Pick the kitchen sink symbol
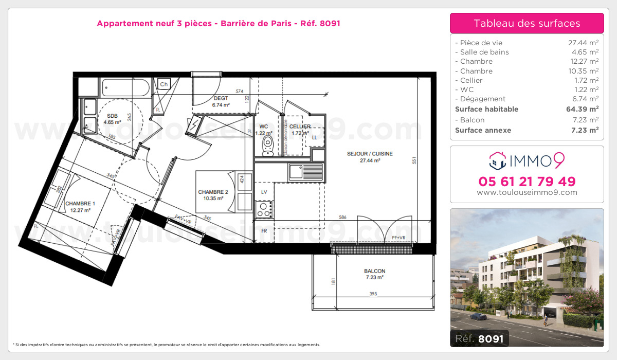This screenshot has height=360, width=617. (305, 171)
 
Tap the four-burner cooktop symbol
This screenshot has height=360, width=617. (264, 209)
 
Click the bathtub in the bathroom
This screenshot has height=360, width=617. (125, 88)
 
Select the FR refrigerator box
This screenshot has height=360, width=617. (264, 231)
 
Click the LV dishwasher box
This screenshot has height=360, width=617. (264, 191)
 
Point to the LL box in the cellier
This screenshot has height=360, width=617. (315, 137)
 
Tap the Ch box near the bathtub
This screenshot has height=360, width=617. (164, 84)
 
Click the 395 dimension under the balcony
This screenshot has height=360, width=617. (373, 294)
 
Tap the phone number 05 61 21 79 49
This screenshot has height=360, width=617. (527, 182)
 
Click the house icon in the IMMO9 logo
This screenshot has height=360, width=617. (497, 160)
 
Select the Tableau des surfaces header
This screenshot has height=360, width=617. (527, 23)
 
